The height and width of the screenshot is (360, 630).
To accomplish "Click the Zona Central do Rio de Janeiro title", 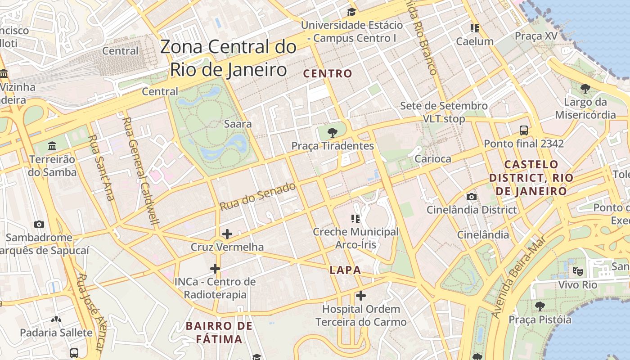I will [x=228, y=58].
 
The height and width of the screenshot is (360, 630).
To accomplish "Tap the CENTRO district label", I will [x=328, y=74].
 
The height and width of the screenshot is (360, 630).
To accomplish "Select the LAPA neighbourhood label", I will [x=345, y=270].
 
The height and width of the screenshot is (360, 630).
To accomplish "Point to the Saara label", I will [x=238, y=124].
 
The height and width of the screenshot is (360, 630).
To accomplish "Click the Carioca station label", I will [x=432, y=159].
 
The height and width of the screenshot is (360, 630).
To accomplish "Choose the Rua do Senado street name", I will [x=258, y=196].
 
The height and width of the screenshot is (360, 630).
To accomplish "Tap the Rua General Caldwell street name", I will [x=141, y=171].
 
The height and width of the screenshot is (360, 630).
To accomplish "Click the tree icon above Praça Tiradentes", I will [x=333, y=132].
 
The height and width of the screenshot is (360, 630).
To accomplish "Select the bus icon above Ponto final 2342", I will [x=524, y=130].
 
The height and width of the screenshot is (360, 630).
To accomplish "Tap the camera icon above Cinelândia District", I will [x=472, y=197].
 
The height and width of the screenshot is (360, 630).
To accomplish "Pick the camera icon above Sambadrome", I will [x=39, y=224].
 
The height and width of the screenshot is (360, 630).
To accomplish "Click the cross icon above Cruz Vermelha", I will [x=227, y=234].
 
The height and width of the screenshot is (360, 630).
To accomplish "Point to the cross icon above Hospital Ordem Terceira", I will [x=361, y=296].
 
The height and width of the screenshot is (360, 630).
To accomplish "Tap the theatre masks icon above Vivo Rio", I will [x=578, y=271].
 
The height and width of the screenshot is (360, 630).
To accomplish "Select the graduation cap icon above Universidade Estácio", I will [x=351, y=12].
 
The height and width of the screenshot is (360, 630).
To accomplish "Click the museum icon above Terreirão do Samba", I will [x=52, y=146].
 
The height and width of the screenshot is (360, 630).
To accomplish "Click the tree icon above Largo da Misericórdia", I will [x=585, y=89].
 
